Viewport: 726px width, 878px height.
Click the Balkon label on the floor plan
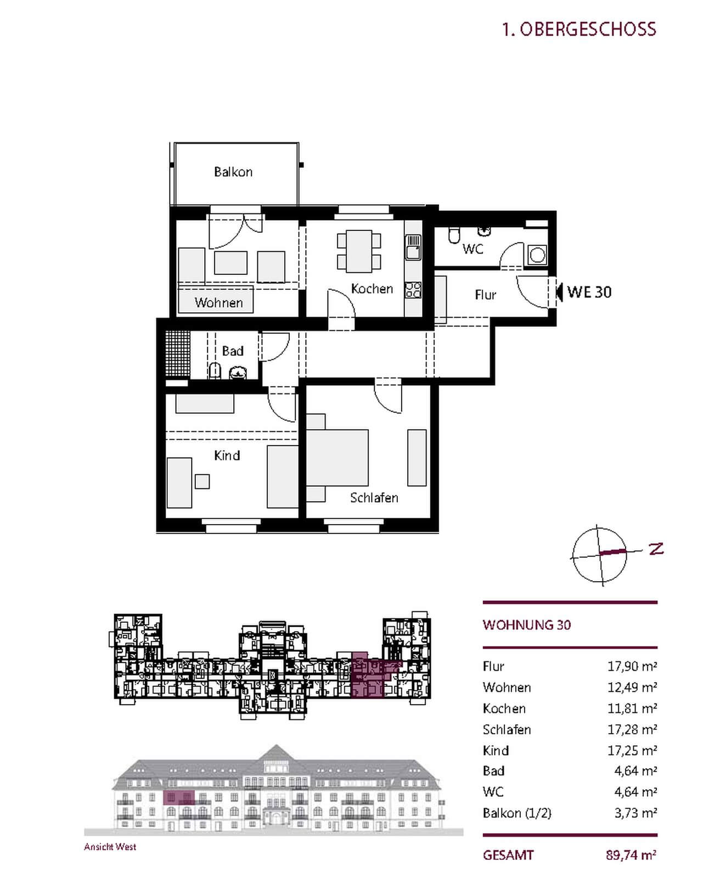(233, 172)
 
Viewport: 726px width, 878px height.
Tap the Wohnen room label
(218, 302)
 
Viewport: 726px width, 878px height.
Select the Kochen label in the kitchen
(372, 289)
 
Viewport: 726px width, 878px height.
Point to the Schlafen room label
(374, 498)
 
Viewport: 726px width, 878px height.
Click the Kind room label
(227, 455)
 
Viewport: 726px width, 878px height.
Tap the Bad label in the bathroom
(233, 351)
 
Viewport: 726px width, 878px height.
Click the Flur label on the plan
(486, 295)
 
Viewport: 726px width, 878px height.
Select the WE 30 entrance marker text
(589, 292)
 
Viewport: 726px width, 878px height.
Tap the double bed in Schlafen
(337, 463)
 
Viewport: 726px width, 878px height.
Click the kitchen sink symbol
(413, 247)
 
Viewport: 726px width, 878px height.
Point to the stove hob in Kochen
(413, 290)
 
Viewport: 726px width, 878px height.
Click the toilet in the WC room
(454, 235)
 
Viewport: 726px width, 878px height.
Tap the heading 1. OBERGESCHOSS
(579, 29)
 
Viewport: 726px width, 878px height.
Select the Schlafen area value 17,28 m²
(632, 729)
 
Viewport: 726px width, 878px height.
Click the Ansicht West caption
(110, 847)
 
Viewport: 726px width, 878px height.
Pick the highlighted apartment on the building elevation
(179, 797)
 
